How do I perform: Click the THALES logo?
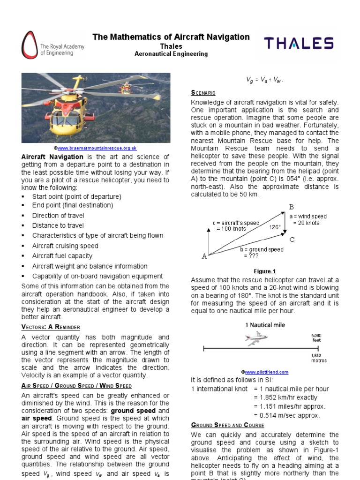(x=299, y=44)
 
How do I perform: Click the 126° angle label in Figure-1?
(x=275, y=227)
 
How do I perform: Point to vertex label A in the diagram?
(x=204, y=256)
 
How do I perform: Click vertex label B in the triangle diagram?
(x=291, y=207)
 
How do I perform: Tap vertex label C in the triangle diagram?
(x=292, y=240)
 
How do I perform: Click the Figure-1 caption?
(x=265, y=271)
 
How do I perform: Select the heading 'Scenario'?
(x=203, y=93)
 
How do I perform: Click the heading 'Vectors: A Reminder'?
(x=51, y=327)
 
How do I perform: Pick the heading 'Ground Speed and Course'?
(x=227, y=425)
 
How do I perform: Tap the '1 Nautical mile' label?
(x=265, y=325)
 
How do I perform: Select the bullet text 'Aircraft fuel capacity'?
(x=62, y=256)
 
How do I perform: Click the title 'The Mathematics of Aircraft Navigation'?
(x=171, y=37)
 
